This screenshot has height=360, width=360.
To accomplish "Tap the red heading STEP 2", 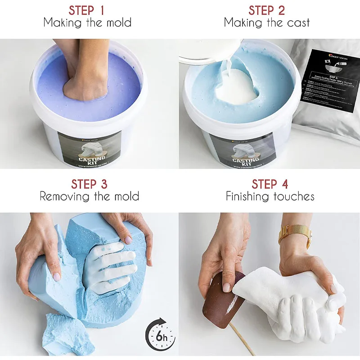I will click(x=267, y=10).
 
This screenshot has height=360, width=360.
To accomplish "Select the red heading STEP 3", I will click(x=89, y=184).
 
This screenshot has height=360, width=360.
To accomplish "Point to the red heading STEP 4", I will click(x=270, y=184).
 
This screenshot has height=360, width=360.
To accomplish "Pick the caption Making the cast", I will click(x=267, y=22).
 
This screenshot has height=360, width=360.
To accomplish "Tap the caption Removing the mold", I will click(x=89, y=197).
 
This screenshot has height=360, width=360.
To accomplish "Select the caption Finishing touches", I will click(x=270, y=197).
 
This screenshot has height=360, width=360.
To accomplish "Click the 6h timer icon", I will click(x=160, y=335).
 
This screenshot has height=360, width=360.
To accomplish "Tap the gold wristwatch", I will click(x=295, y=235).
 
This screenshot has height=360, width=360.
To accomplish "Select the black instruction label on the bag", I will click(x=331, y=87).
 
